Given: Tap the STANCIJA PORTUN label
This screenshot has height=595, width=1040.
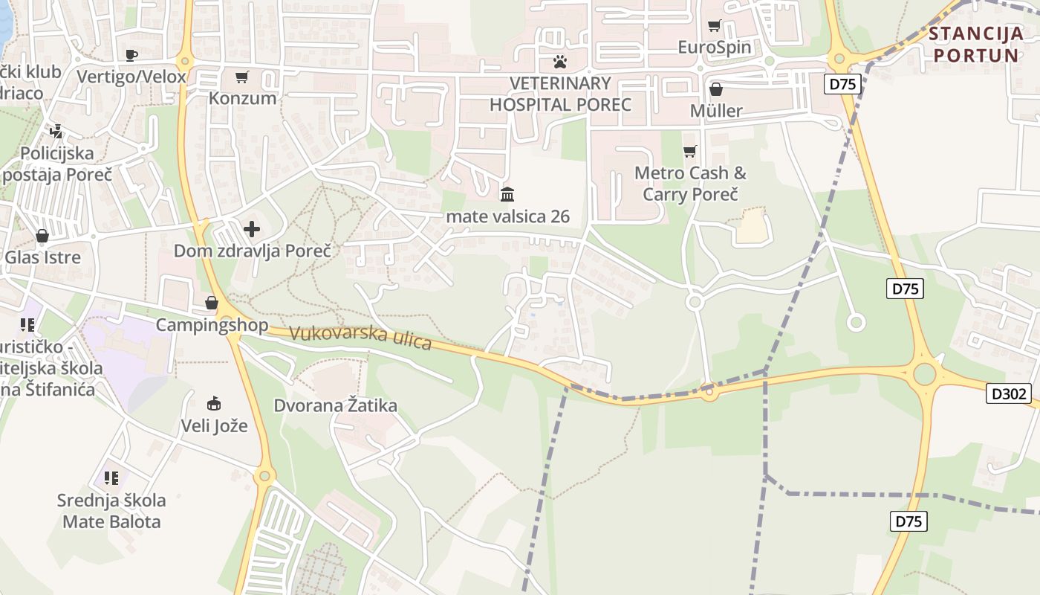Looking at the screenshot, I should pyautogui.click(x=975, y=45).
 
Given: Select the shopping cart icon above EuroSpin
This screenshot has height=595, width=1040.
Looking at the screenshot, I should pyautogui.click(x=715, y=26).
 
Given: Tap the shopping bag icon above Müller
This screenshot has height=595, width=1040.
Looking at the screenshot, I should pyautogui.click(x=716, y=90).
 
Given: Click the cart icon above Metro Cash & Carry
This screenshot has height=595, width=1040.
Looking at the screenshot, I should pyautogui.click(x=690, y=152).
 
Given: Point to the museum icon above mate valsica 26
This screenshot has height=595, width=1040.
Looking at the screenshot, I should pyautogui.click(x=508, y=195).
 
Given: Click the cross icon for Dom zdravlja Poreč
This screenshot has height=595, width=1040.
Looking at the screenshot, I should pyautogui.click(x=252, y=229).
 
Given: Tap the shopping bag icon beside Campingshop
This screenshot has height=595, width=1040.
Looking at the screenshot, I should pyautogui.click(x=212, y=303).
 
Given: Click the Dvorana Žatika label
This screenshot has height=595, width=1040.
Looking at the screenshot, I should pyautogui.click(x=336, y=406).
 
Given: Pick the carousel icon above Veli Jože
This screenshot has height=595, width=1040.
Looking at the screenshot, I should pyautogui.click(x=214, y=404).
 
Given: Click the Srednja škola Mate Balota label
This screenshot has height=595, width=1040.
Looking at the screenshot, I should pyautogui.click(x=111, y=510).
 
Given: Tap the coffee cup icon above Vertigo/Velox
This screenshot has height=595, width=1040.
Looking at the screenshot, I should pyautogui.click(x=131, y=55).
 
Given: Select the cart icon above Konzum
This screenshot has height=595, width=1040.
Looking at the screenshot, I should pyautogui.click(x=242, y=77).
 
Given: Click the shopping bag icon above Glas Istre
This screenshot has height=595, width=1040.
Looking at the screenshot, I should pyautogui.click(x=42, y=237).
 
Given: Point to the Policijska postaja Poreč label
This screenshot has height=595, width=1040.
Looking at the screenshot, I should pyautogui.click(x=56, y=164).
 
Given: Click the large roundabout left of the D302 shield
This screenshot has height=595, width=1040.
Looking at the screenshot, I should pyautogui.click(x=924, y=374).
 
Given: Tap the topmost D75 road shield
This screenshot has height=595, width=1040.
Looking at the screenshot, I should pyautogui.click(x=842, y=84).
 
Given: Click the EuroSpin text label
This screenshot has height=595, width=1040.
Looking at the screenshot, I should pyautogui.click(x=715, y=48).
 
